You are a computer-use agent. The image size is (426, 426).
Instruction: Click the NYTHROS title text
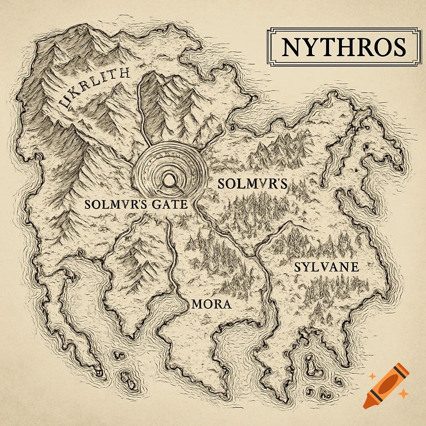tap(343, 47)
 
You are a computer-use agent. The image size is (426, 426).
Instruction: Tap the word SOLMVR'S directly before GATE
tap(112, 205)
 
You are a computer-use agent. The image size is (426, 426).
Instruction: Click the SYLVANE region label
tap(326, 267)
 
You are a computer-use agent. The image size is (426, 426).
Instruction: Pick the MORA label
tap(211, 304)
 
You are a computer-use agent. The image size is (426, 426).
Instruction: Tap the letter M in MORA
tap(197, 304)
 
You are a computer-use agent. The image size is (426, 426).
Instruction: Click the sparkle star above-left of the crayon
tap(372, 376)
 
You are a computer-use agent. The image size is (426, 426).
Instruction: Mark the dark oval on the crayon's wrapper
tap(388, 383)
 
